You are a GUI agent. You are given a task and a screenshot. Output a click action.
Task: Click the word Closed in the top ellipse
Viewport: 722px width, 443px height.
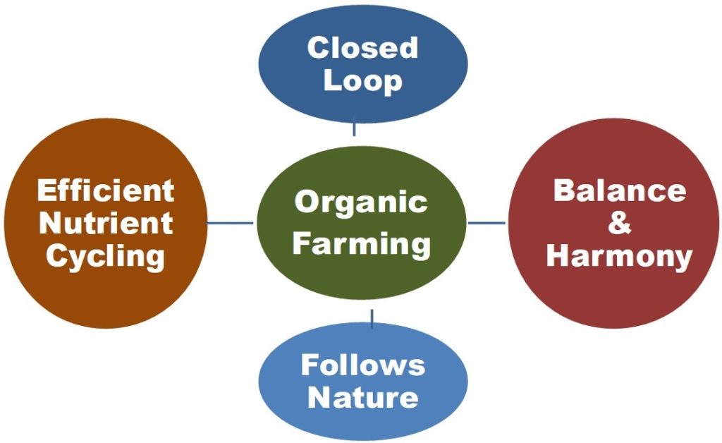point(363,47)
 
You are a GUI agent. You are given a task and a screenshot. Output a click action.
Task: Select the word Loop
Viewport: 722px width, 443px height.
point(363,82)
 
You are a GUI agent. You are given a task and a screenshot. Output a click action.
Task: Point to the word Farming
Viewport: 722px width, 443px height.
point(362,244)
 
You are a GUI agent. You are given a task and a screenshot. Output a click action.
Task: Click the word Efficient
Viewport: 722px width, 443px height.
point(106,190)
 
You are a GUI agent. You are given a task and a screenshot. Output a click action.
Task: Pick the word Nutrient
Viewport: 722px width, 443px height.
point(106,223)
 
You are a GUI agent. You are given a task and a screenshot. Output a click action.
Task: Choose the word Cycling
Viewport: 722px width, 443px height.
point(106,257)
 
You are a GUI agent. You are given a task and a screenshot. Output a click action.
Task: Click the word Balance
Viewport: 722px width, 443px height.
point(620,190)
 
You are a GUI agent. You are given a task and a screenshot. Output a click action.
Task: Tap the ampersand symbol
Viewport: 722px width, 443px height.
point(619,223)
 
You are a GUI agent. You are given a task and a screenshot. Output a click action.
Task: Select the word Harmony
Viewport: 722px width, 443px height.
point(619,257)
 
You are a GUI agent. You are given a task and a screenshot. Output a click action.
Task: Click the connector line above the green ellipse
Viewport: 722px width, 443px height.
point(354,126)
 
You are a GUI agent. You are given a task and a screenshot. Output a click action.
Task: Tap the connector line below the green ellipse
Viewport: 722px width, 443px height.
point(372,319)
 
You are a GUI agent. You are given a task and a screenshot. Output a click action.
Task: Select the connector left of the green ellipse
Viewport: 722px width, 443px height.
point(231,224)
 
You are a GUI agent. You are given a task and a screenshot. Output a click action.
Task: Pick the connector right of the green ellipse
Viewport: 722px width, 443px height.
point(487,224)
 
